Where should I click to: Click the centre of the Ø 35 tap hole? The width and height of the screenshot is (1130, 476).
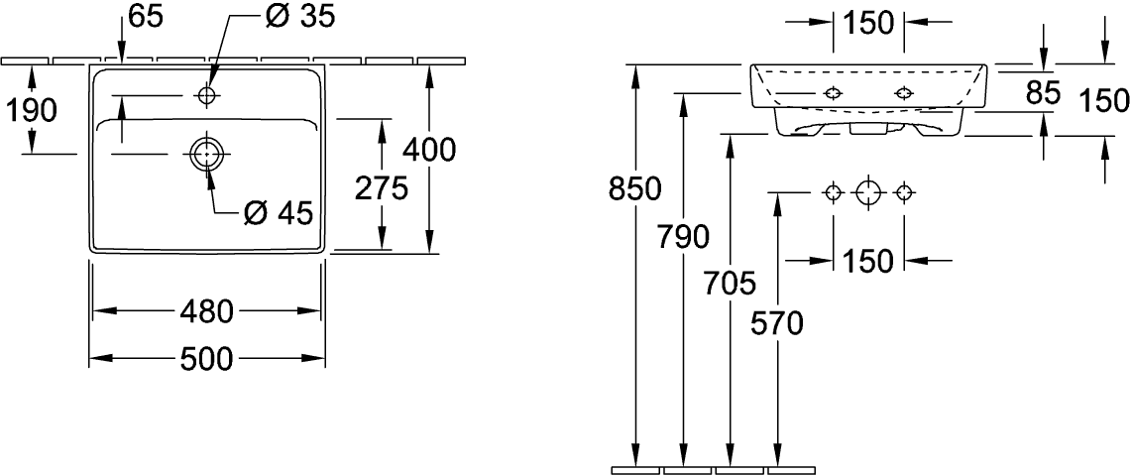(x=207, y=95)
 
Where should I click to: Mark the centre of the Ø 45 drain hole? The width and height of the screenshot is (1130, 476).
(x=207, y=154)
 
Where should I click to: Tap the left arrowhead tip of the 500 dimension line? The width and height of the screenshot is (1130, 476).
(x=89, y=358)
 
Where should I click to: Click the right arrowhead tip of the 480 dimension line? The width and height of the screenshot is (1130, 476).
(x=321, y=310)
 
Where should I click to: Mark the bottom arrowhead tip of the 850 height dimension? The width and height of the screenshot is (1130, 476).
(x=635, y=467)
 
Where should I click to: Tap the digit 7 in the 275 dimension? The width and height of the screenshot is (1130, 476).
(x=382, y=189)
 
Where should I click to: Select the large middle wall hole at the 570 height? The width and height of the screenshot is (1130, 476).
(x=868, y=192)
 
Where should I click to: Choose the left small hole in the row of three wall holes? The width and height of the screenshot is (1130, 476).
(x=833, y=192)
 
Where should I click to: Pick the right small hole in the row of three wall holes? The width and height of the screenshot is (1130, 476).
(x=904, y=192)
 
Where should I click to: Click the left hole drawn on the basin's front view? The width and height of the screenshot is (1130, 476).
(x=833, y=93)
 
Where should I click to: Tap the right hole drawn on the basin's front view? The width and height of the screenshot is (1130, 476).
(x=904, y=93)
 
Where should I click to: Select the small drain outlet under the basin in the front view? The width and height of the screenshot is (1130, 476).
(x=868, y=128)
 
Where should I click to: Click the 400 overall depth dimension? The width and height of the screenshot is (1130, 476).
(x=429, y=150)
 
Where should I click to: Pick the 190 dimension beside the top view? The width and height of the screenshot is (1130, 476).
(x=32, y=111)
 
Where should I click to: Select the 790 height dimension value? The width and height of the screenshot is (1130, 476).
(x=683, y=237)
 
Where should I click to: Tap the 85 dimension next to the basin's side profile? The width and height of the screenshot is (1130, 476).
(x=1042, y=92)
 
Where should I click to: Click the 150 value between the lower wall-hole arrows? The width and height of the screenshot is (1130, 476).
(x=868, y=261)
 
